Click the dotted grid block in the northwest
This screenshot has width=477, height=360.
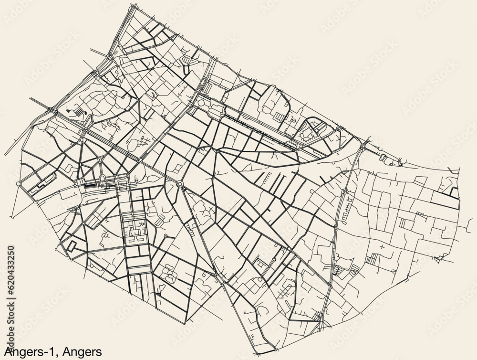pos(77,113)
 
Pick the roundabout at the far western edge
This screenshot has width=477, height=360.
pos(19,183)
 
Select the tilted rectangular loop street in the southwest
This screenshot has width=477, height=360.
pos(71,245)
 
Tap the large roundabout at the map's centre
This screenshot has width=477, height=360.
pos(180,184)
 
